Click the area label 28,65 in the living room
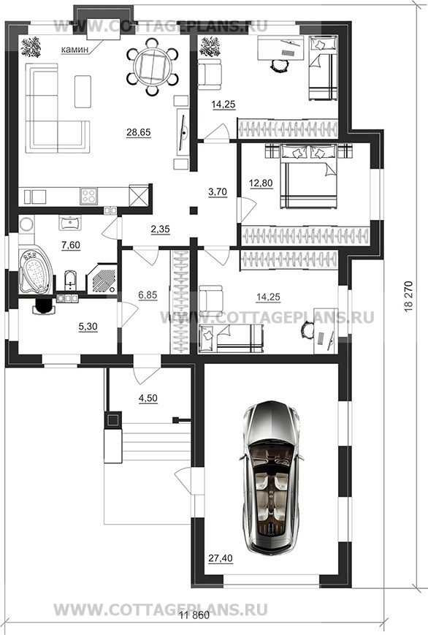coord(139,132)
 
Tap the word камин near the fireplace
coord(74,50)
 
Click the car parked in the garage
coord(271,478)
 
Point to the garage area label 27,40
coord(221,558)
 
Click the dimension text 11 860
coord(195,615)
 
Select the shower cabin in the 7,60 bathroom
coord(102,278)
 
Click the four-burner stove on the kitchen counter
coord(88,196)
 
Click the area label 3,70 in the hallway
coord(218,192)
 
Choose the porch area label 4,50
coord(148,398)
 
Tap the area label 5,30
coord(88,327)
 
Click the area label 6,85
coord(148,295)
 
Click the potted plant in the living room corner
coord(31,47)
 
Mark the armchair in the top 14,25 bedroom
coord(210,74)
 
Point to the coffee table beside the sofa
coord(83,91)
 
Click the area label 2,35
coord(160,229)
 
